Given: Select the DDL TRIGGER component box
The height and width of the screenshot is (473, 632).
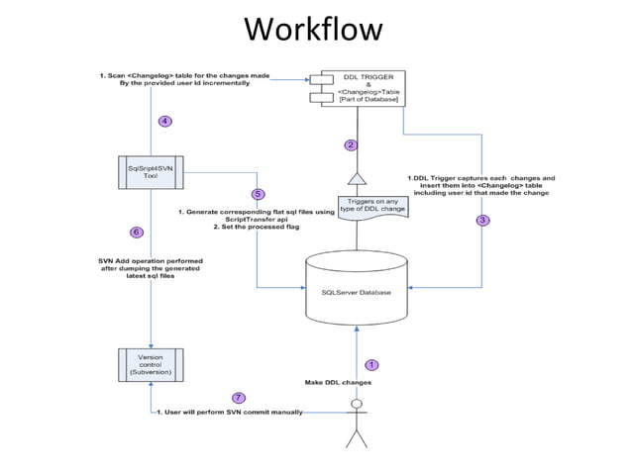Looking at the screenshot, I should pos(357,88).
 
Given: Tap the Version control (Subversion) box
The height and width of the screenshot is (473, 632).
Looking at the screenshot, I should pos(151,365).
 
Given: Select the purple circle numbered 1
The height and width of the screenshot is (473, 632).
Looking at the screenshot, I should pos(372,365).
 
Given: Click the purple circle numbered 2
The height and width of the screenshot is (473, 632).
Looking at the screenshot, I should pos(351,144).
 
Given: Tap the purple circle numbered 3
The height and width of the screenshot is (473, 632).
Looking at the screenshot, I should pos(482,220).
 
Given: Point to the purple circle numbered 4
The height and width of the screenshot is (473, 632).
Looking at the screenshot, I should pos(165,122).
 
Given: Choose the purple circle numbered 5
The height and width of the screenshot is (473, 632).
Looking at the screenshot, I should pos(258,195).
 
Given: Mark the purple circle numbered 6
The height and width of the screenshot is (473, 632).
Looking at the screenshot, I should pos(137,233).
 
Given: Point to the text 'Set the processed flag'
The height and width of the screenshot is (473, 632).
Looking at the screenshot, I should pos(260,227).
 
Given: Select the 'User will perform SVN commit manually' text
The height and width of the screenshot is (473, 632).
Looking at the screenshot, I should pos(230,412).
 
